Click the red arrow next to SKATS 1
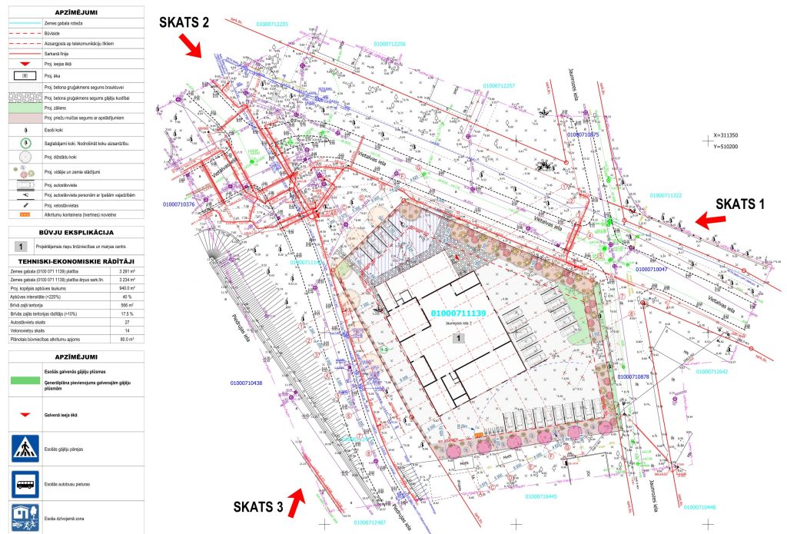point(709,221)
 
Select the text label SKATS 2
point(184,22)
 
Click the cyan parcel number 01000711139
point(460,313)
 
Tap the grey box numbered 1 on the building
point(459,337)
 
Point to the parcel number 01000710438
point(247,383)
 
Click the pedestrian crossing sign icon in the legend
point(25,448)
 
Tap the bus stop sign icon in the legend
point(25,484)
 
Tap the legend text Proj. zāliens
point(58,108)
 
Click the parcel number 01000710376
point(179,204)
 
